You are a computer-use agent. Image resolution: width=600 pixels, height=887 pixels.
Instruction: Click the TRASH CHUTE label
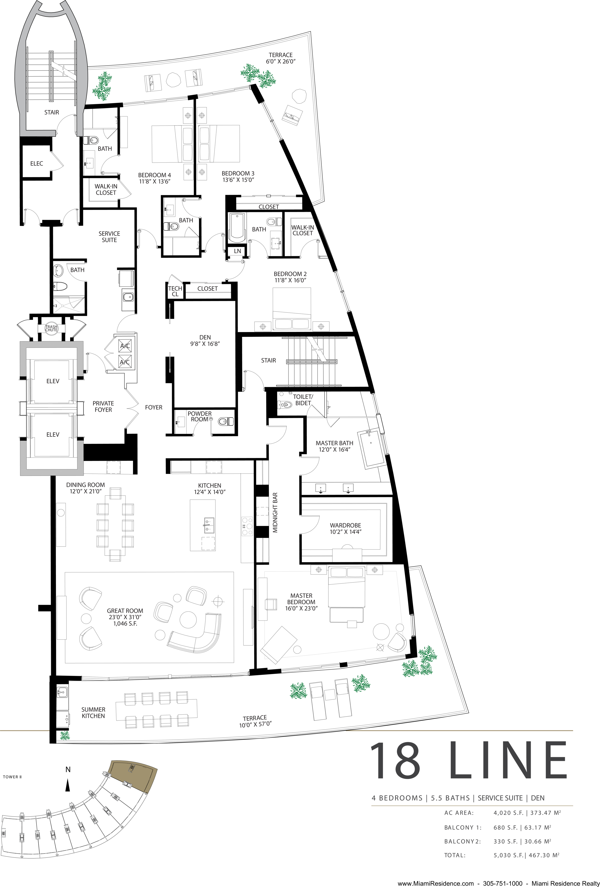(51, 328)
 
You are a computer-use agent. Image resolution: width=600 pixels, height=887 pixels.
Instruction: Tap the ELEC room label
(37, 163)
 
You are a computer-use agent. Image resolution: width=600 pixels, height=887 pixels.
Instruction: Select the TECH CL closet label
(175, 291)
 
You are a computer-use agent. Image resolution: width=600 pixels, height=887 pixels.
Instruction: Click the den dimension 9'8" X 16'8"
(205, 343)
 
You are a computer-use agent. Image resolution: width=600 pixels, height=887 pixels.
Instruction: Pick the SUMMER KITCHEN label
(93, 713)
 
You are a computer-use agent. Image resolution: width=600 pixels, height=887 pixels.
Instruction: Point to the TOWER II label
(12, 777)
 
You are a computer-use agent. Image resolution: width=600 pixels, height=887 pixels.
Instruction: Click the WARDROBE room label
(346, 525)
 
